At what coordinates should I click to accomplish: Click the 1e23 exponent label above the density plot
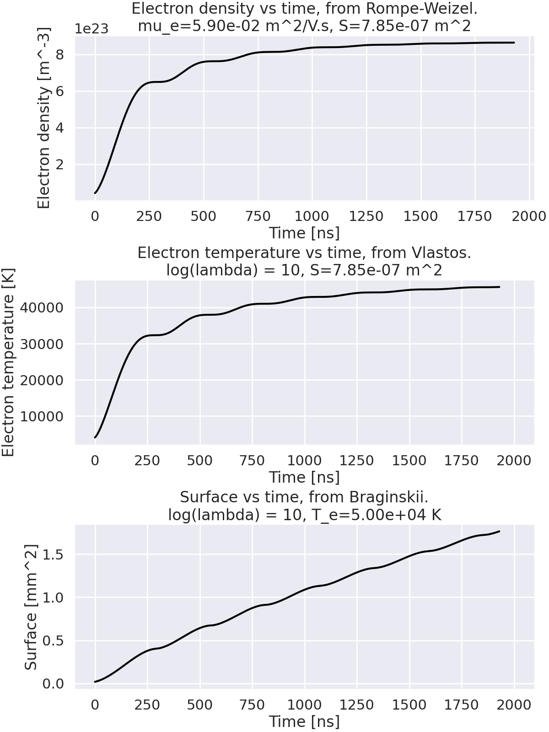click(x=91, y=29)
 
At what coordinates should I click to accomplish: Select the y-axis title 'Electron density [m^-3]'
click(x=43, y=118)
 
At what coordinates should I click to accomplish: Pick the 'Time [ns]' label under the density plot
click(x=304, y=233)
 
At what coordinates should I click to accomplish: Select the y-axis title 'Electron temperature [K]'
click(x=9, y=362)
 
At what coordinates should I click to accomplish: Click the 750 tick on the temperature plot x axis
click(x=252, y=460)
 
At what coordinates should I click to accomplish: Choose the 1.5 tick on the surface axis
click(x=54, y=555)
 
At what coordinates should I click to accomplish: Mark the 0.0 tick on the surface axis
click(x=54, y=684)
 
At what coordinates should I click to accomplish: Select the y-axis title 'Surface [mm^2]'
click(x=31, y=607)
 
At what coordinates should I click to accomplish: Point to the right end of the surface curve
click(x=499, y=531)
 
